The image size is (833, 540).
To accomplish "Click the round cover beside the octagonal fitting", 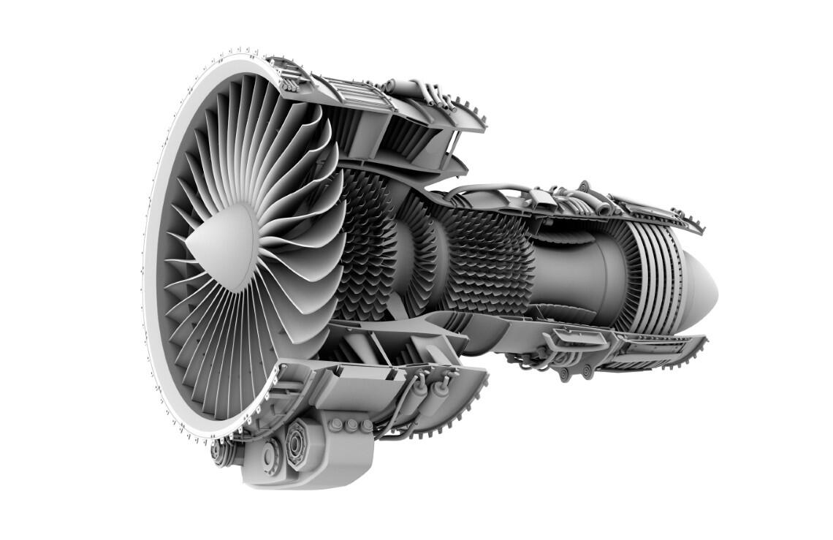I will [268, 456].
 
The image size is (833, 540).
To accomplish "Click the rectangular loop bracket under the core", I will [577, 338].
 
